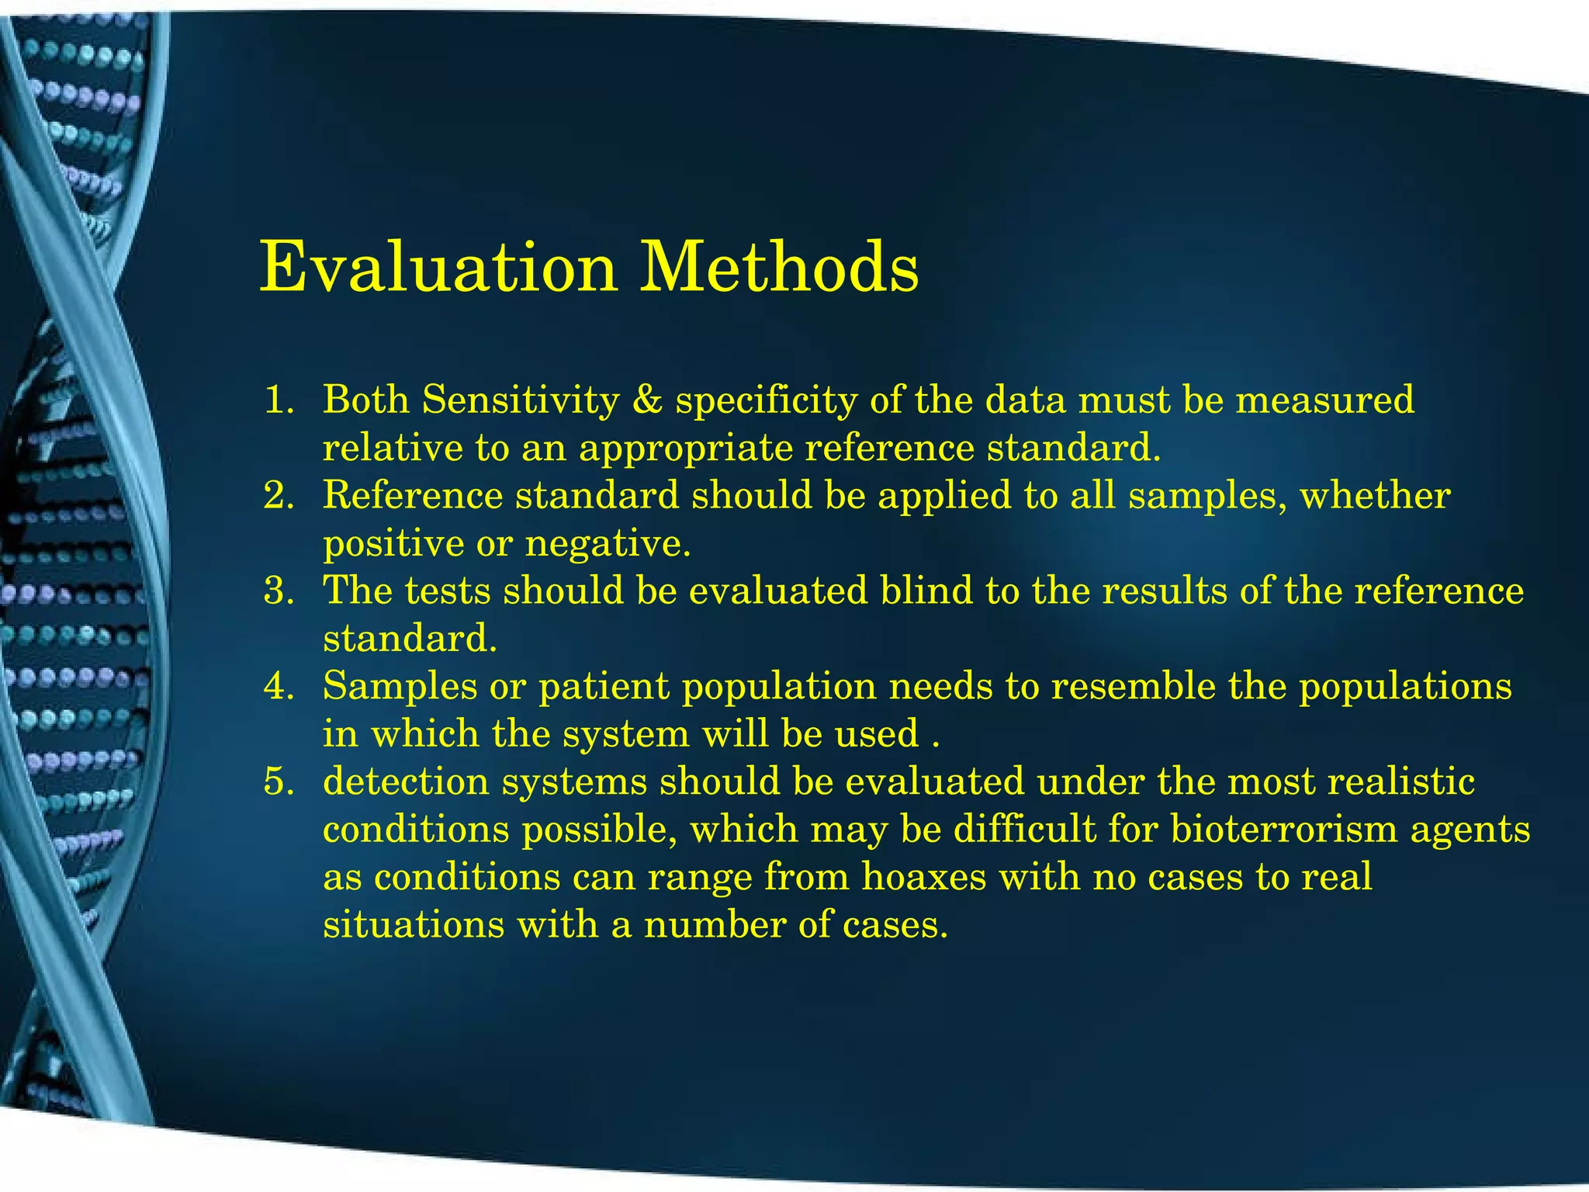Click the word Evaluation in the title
click(438, 268)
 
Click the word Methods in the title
click(779, 268)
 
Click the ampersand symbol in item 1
click(647, 401)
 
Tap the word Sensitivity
click(521, 401)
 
